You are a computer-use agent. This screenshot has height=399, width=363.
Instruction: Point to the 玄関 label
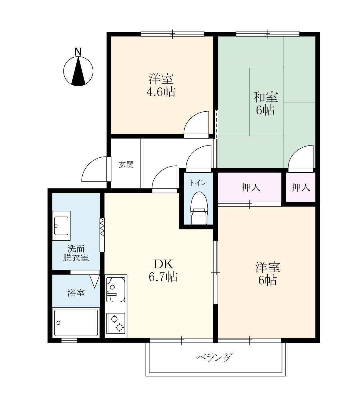126,165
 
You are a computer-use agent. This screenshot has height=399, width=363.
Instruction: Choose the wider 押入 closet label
250,187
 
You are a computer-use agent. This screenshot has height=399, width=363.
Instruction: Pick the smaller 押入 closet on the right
300,187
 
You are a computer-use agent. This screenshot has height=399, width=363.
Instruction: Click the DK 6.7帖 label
163,270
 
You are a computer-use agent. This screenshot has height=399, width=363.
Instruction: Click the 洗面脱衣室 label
76,253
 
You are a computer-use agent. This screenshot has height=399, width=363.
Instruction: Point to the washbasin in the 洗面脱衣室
61,223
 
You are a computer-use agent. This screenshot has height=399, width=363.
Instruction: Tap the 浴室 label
76,293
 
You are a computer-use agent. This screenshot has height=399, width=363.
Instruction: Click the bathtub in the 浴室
76,323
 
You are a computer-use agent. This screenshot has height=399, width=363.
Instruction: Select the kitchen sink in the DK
116,289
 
